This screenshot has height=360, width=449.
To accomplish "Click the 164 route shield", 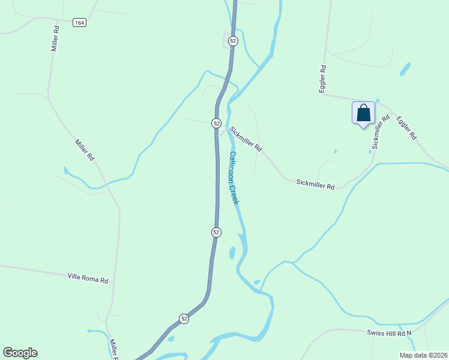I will [x=79, y=22].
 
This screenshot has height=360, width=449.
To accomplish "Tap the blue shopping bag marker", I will [x=363, y=113].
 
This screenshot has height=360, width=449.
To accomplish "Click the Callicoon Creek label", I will [x=234, y=178].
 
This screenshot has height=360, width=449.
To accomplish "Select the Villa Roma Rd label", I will [x=88, y=278].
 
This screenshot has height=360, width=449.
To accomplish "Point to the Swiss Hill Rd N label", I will [x=390, y=332].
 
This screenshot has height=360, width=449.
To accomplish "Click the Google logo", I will [x=20, y=353].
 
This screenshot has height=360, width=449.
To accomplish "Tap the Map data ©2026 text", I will [x=423, y=355].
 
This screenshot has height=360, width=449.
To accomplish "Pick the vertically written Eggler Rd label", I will [x=322, y=78].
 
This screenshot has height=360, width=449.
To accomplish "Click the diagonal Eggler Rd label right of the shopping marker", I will [x=406, y=127].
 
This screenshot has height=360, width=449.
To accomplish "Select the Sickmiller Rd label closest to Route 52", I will [x=246, y=138].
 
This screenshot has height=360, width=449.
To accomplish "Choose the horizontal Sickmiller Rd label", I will [x=315, y=186].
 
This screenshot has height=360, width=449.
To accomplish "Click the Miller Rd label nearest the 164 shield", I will [x=55, y=38].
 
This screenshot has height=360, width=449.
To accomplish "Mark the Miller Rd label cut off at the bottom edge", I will [x=113, y=349].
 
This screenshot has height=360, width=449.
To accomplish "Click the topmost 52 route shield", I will [x=233, y=41].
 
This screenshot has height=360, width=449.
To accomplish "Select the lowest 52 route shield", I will [x=184, y=319].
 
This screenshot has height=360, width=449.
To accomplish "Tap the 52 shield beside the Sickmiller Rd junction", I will [x=216, y=122].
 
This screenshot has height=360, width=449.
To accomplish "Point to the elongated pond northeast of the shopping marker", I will [x=405, y=69].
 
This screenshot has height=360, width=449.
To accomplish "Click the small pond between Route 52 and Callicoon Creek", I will [x=232, y=253].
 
